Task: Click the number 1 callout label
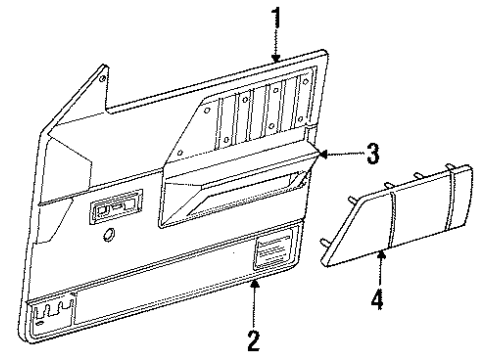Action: click(276, 17)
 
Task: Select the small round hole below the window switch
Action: click(108, 235)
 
